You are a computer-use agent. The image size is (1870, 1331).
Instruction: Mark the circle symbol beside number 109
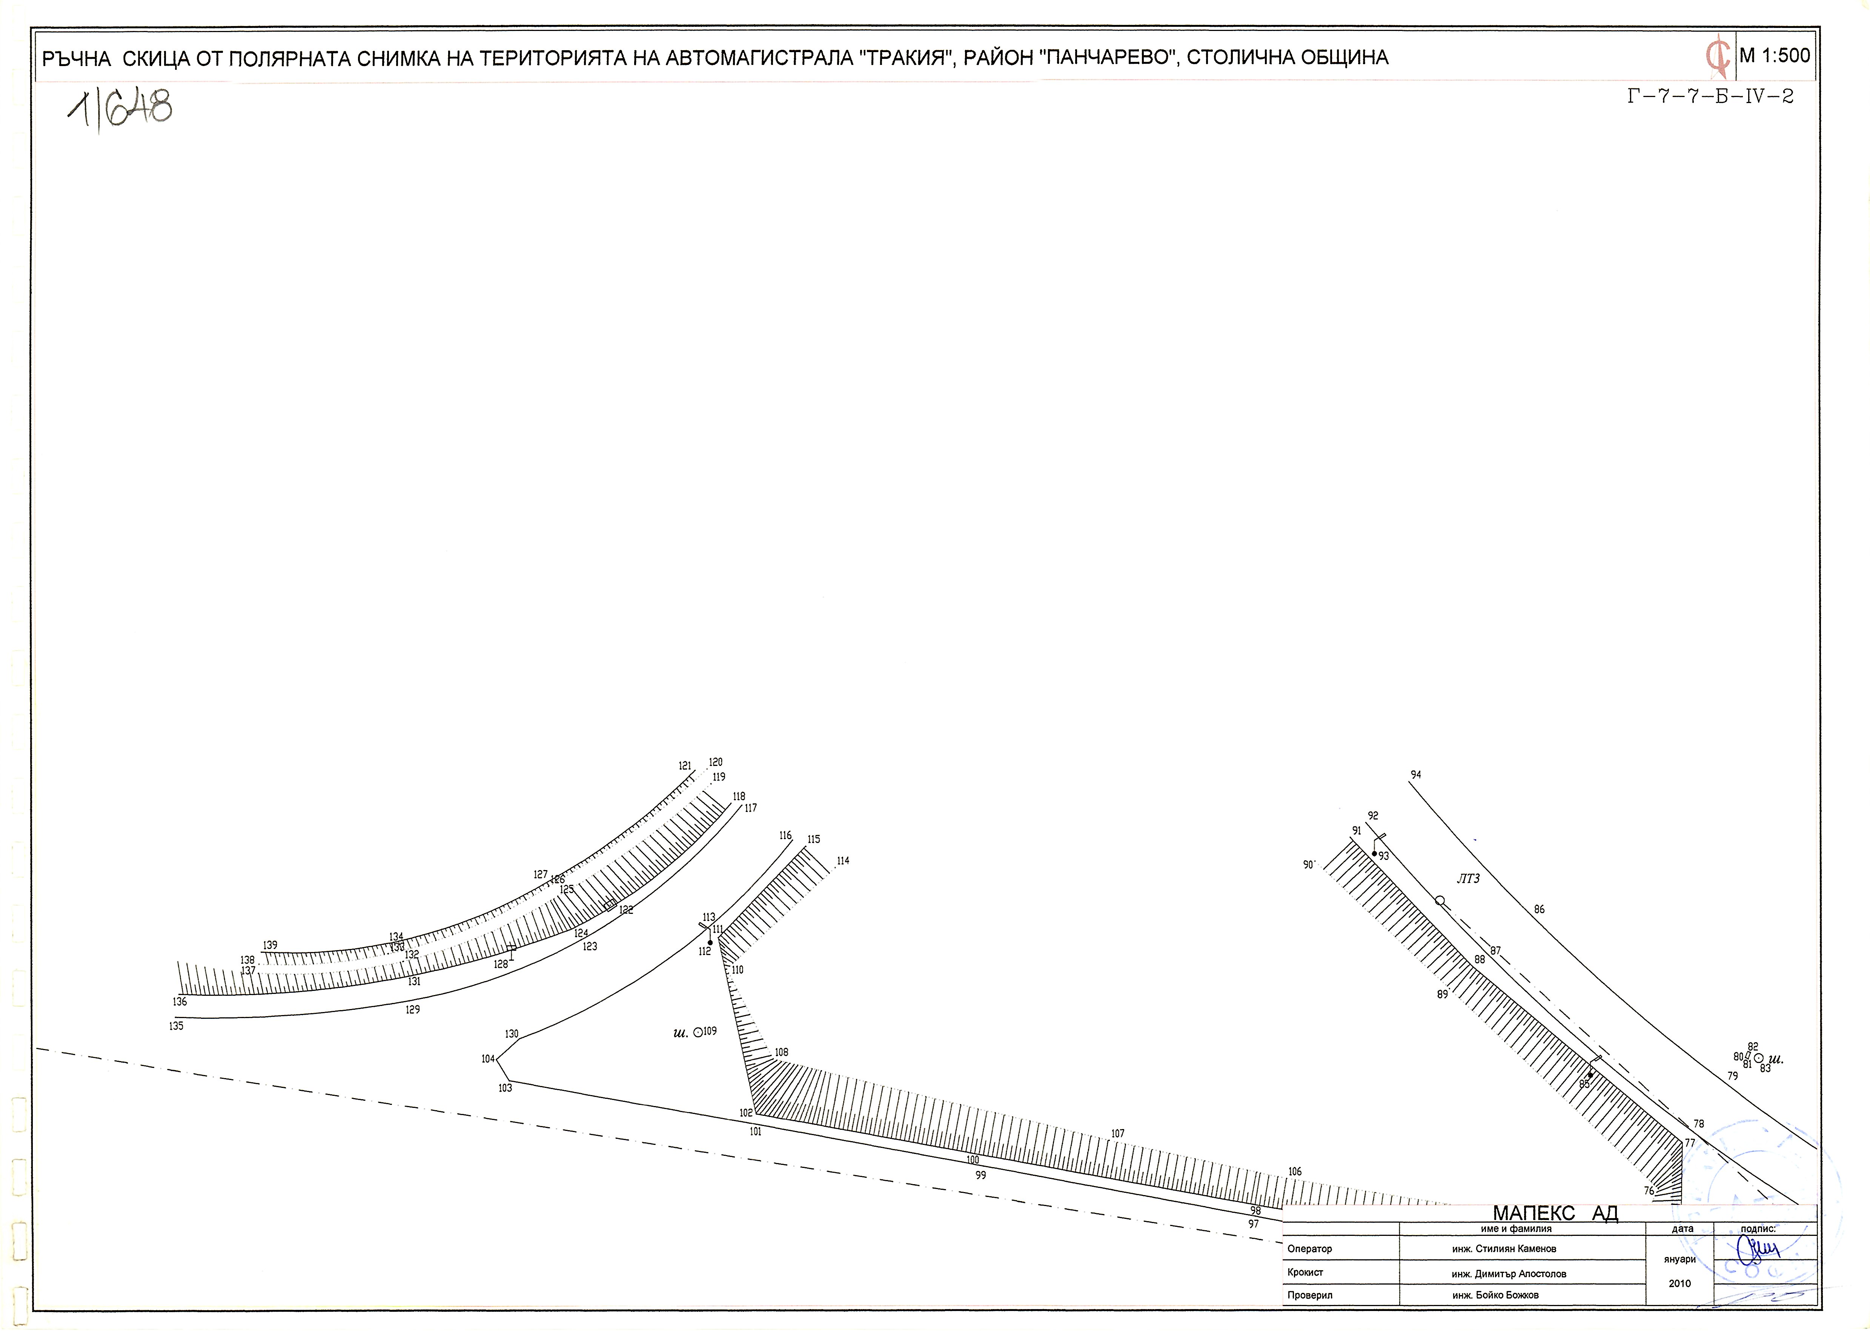coord(698,1033)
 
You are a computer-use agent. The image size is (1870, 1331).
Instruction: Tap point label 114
coord(843,861)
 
